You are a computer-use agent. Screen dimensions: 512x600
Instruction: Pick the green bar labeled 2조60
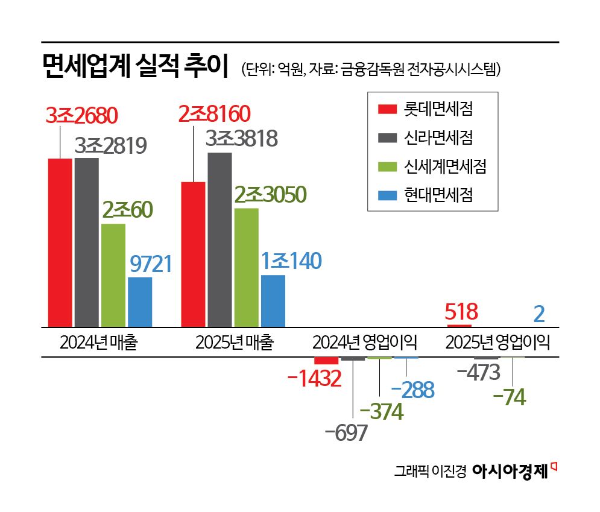tap(113, 275)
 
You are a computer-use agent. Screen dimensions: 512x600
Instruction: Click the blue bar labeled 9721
tap(140, 302)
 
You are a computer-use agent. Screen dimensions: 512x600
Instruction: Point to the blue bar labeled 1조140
tap(273, 300)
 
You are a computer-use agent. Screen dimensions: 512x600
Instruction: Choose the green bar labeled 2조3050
tap(246, 267)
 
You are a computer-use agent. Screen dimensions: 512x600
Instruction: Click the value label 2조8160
tap(214, 114)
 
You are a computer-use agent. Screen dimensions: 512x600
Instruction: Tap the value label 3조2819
tap(111, 145)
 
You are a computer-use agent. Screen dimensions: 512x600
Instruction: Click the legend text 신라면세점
tap(438, 137)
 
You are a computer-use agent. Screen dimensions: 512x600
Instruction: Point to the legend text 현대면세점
tap(438, 195)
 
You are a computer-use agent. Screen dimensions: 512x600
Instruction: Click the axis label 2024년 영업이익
tap(365, 343)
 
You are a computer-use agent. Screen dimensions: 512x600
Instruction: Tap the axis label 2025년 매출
tap(235, 343)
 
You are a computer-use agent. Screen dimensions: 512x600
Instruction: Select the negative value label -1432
tap(315, 379)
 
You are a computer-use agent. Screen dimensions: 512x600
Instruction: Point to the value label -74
tap(509, 397)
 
